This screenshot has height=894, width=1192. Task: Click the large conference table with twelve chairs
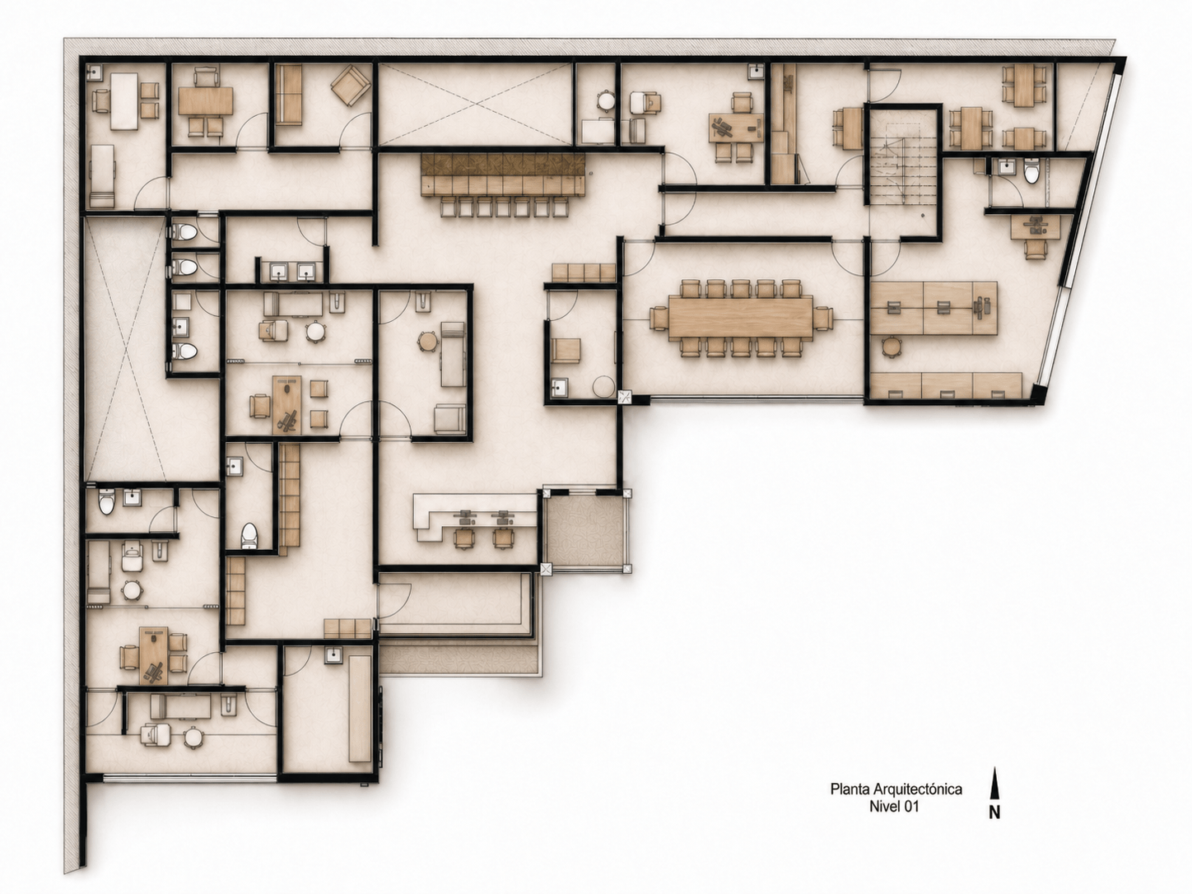[x=741, y=318]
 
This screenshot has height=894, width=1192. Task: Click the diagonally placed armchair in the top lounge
[x=350, y=86]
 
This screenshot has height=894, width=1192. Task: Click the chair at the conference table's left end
[x=659, y=318]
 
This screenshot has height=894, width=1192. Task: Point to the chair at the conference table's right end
[x=823, y=318]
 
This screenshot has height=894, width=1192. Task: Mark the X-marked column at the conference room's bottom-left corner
[x=625, y=396]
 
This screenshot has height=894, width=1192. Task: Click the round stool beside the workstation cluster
[x=891, y=346]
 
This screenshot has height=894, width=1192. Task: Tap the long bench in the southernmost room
[x=360, y=708]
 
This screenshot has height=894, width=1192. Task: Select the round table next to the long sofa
[x=428, y=342]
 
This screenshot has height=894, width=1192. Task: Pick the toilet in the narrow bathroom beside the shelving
[x=249, y=536]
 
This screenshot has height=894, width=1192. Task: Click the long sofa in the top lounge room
[x=288, y=95]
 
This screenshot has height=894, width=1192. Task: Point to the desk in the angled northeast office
[x=1035, y=227]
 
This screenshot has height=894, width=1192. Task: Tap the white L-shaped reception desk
[x=472, y=515]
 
